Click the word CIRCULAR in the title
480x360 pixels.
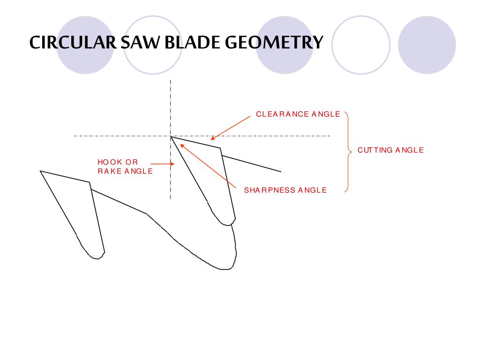73,42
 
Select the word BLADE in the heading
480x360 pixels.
192,42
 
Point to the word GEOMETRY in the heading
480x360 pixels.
274,42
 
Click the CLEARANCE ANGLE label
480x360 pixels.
298,114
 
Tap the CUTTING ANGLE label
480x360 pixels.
390,150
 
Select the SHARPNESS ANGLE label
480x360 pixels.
285,190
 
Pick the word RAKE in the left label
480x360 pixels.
110,171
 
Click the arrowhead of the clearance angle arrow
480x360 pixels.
212,138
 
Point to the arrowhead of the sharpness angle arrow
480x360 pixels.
182,146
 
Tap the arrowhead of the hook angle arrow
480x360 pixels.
172,164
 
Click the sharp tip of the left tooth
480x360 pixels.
40,171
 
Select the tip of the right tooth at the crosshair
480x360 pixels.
171,136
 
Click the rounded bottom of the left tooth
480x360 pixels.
97,259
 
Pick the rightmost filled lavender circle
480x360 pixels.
427,45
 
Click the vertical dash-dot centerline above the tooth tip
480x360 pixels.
171,107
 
